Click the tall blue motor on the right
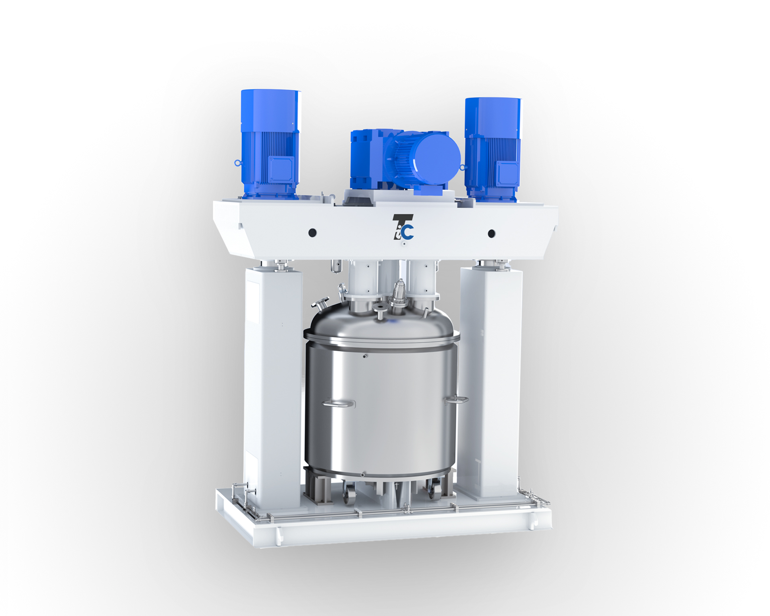click(x=492, y=150)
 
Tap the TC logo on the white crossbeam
click(x=403, y=227)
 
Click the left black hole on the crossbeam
click(x=312, y=233)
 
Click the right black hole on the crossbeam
click(x=491, y=234)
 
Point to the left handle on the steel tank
click(x=338, y=404)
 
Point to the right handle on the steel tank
click(x=456, y=400)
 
